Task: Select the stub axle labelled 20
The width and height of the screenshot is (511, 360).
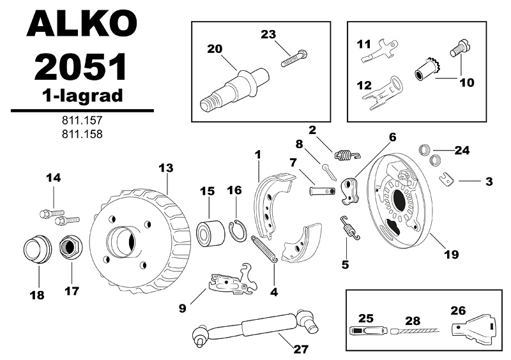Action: coord(233,89)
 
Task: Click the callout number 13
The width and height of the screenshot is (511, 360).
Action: coord(165,168)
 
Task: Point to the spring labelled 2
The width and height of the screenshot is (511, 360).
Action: coord(347,153)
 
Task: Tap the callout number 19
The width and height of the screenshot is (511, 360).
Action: coord(451,254)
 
